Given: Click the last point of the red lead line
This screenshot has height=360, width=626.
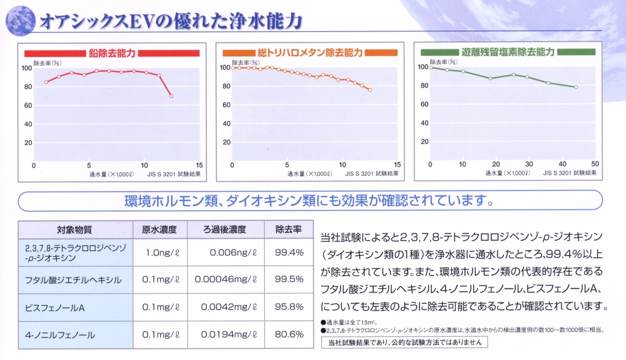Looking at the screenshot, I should point(172,96).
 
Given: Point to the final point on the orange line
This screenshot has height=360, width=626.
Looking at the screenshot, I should point(370,90).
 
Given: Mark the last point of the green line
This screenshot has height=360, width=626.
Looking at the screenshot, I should point(576,87).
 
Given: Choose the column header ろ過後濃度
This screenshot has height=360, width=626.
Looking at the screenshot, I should point(225,229).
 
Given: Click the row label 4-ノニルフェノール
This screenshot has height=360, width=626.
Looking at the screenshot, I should point(60,334).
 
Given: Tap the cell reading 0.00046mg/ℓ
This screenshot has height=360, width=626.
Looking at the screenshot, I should point(226,279).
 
